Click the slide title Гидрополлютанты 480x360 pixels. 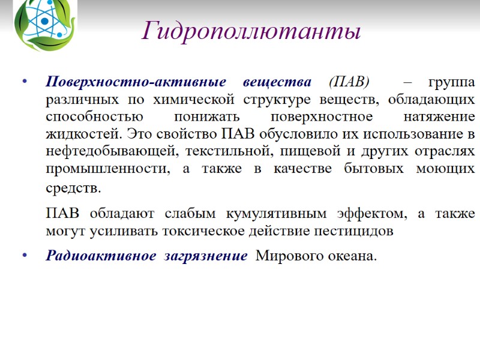click(251, 31)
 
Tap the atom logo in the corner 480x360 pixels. click(45, 24)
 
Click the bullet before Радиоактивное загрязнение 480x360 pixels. click(24, 256)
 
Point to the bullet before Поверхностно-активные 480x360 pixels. click(24, 82)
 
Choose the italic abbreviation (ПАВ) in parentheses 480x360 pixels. click(350, 82)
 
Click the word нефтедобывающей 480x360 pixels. click(95, 150)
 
